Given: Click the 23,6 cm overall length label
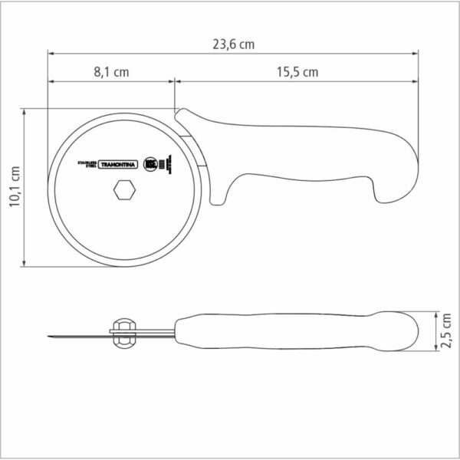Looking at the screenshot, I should pyautogui.click(x=234, y=44).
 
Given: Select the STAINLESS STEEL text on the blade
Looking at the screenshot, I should pyautogui.click(x=84, y=164).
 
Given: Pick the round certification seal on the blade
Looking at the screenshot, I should pyautogui.click(x=150, y=163).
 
